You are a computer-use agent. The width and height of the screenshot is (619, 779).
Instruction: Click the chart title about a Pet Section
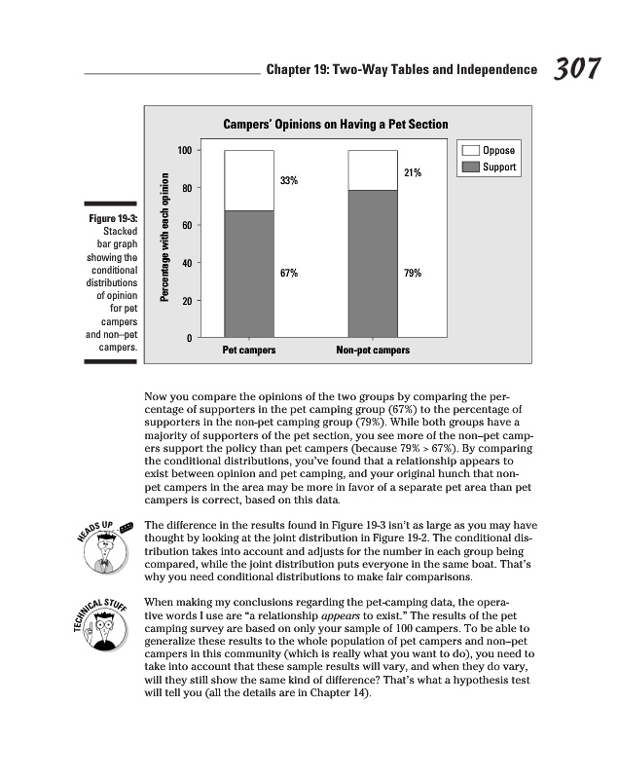pyautogui.click(x=336, y=124)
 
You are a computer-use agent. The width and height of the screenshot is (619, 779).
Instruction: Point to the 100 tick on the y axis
pyautogui.click(x=184, y=150)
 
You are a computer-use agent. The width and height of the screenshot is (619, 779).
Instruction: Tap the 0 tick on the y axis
pyautogui.click(x=189, y=338)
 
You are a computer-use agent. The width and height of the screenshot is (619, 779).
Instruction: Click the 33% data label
pyautogui.click(x=289, y=181)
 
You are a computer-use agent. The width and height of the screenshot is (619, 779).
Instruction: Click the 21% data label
pyautogui.click(x=412, y=172)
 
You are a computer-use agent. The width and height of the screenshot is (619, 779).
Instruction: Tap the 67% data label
pyautogui.click(x=289, y=274)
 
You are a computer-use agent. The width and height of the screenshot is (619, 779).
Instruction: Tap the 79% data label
pyautogui.click(x=412, y=274)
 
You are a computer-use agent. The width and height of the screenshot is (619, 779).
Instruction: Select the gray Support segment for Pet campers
pyautogui.click(x=248, y=274)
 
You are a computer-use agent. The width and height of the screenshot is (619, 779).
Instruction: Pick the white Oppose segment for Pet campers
pyautogui.click(x=248, y=180)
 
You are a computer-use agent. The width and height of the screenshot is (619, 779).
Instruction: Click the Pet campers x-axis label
pyautogui.click(x=249, y=350)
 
